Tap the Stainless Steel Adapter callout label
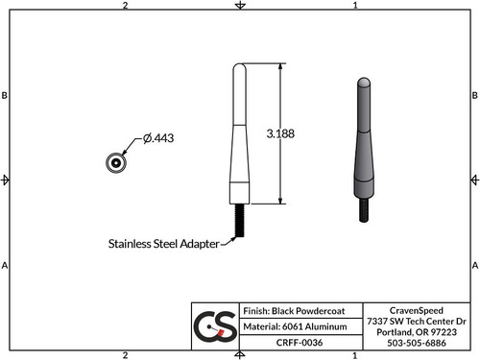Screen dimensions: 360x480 pyautogui.click(x=162, y=244)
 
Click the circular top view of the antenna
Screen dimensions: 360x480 pyautogui.click(x=115, y=162)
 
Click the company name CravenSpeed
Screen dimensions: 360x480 pyautogui.click(x=417, y=310)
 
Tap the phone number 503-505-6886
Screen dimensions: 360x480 pyautogui.click(x=417, y=342)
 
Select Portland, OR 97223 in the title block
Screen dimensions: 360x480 pyautogui.click(x=417, y=331)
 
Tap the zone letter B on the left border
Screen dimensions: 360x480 pyautogui.click(x=6, y=96)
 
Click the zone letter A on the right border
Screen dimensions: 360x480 pyautogui.click(x=474, y=264)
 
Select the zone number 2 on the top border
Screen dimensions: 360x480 pyautogui.click(x=126, y=6)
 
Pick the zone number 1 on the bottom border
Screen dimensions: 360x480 pyautogui.click(x=355, y=354)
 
